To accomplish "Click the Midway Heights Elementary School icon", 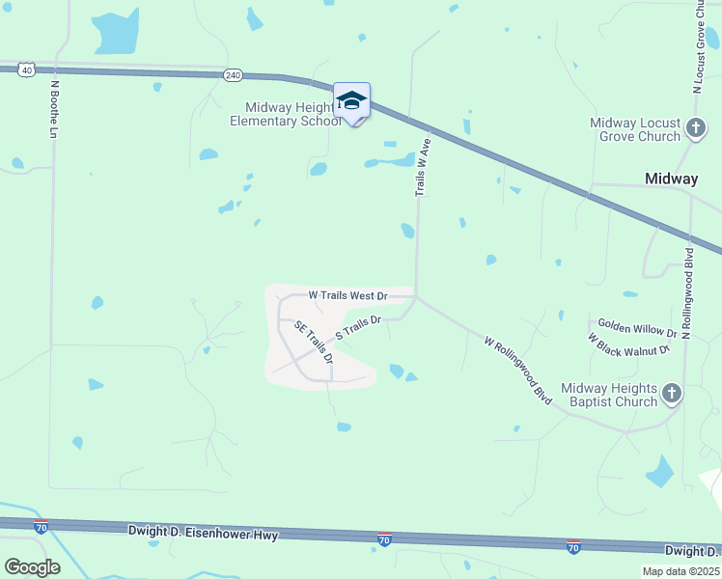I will (351, 100).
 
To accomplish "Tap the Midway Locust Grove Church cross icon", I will (695, 127).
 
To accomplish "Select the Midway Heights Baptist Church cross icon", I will (672, 393).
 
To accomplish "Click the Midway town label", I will (671, 179).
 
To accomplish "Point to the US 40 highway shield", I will (27, 69).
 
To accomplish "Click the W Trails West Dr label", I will (347, 295).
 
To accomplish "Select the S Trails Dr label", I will (358, 327).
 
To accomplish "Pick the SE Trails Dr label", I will (314, 343).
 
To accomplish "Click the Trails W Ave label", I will (422, 167).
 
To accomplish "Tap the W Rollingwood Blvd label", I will (518, 371).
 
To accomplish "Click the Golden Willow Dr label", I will (637, 328).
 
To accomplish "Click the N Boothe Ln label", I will (54, 108).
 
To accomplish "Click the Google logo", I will (32, 567).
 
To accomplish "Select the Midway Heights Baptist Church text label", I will (609, 395).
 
